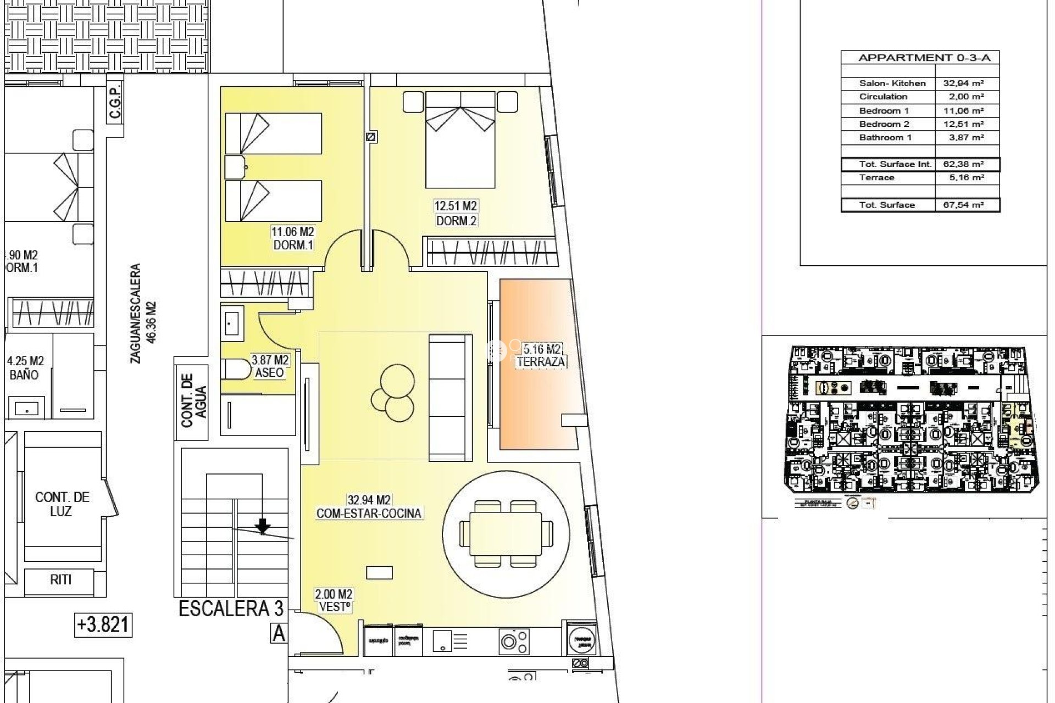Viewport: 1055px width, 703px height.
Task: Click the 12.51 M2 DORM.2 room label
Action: (x=456, y=213)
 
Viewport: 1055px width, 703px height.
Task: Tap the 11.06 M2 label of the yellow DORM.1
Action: (x=293, y=238)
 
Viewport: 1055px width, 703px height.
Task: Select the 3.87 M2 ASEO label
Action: (x=270, y=366)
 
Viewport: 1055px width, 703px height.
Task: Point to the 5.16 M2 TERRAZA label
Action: (x=542, y=355)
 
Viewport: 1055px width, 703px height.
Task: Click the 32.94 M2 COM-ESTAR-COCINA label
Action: (x=369, y=507)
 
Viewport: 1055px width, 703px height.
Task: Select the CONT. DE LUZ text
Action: (x=62, y=504)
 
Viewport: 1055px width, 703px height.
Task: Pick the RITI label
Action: (x=60, y=579)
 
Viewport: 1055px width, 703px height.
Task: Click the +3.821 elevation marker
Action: (x=103, y=624)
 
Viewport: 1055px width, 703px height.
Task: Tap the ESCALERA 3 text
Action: (x=231, y=609)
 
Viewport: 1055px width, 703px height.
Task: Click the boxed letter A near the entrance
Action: (x=279, y=634)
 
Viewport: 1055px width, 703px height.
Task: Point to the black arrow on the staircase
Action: (x=263, y=526)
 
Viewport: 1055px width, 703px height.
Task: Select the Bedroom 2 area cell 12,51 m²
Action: (x=967, y=124)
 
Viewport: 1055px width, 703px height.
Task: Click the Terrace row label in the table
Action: (x=877, y=177)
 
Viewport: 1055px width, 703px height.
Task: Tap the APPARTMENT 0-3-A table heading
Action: (x=920, y=58)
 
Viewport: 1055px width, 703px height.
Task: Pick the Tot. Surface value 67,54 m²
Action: (x=967, y=205)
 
